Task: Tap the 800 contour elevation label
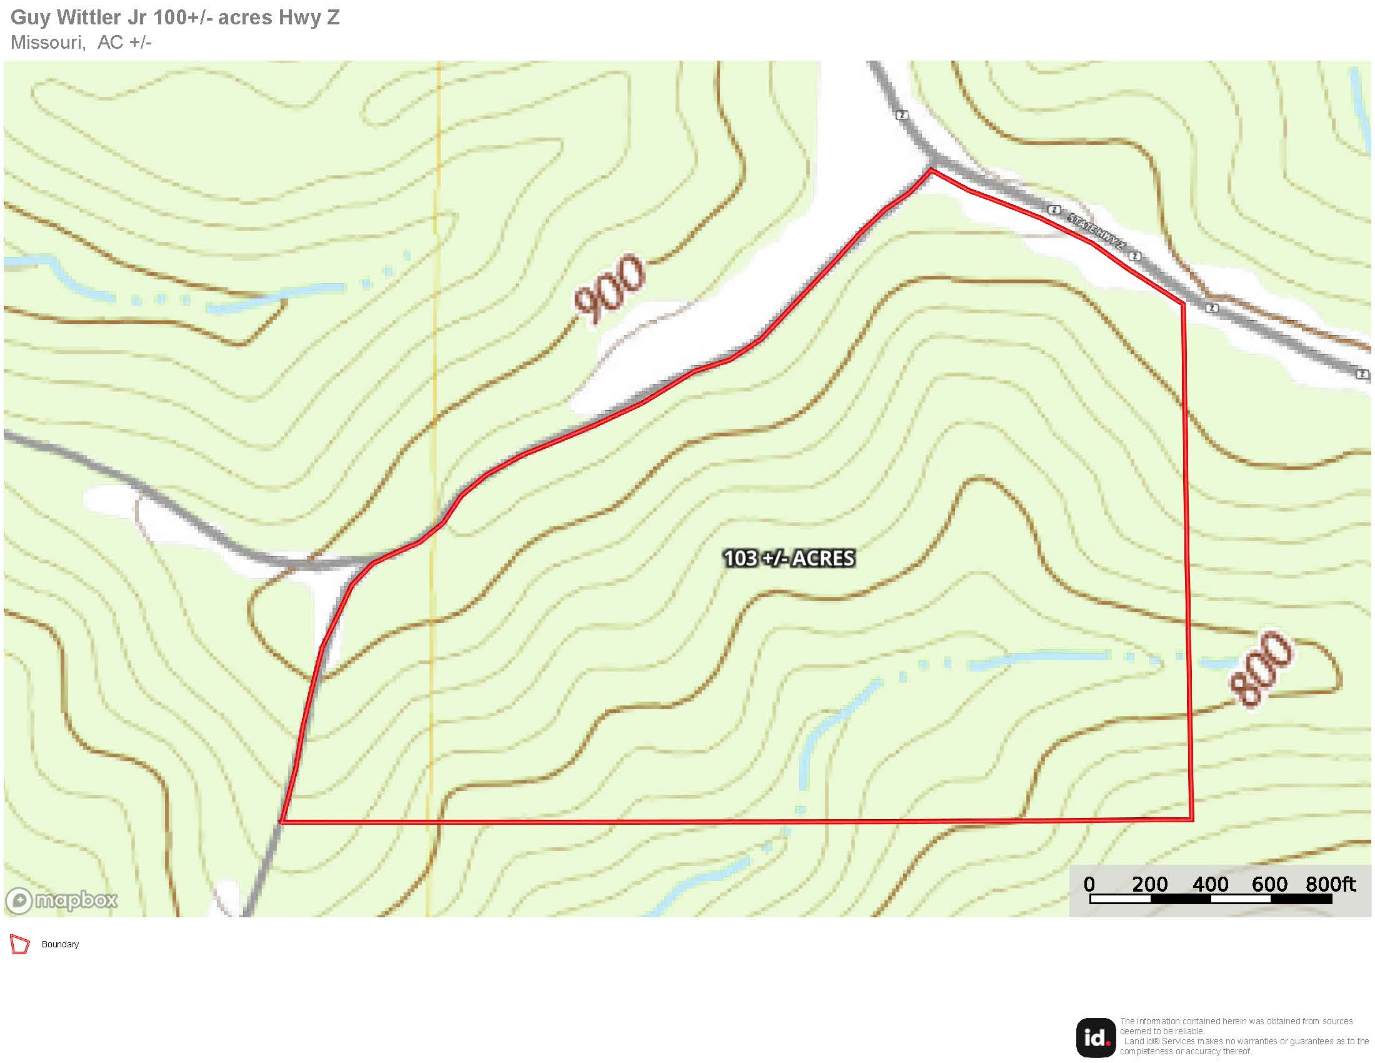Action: pos(1261,669)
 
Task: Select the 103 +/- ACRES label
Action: pos(789,558)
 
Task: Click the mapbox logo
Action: pos(62,900)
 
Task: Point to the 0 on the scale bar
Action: pos(1089,884)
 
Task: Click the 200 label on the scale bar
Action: pos(1149,884)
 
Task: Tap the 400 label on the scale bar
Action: pos(1210,884)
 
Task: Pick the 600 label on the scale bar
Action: pos(1269,884)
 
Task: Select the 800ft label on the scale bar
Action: pos(1330,884)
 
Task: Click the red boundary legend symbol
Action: pos(20,945)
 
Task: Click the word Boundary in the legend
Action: pos(61,945)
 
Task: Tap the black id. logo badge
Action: pos(1096,1037)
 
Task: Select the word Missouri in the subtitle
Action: pos(47,43)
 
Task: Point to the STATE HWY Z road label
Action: pos(1096,231)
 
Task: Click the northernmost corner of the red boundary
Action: pos(932,169)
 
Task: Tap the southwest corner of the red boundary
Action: pos(281,822)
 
